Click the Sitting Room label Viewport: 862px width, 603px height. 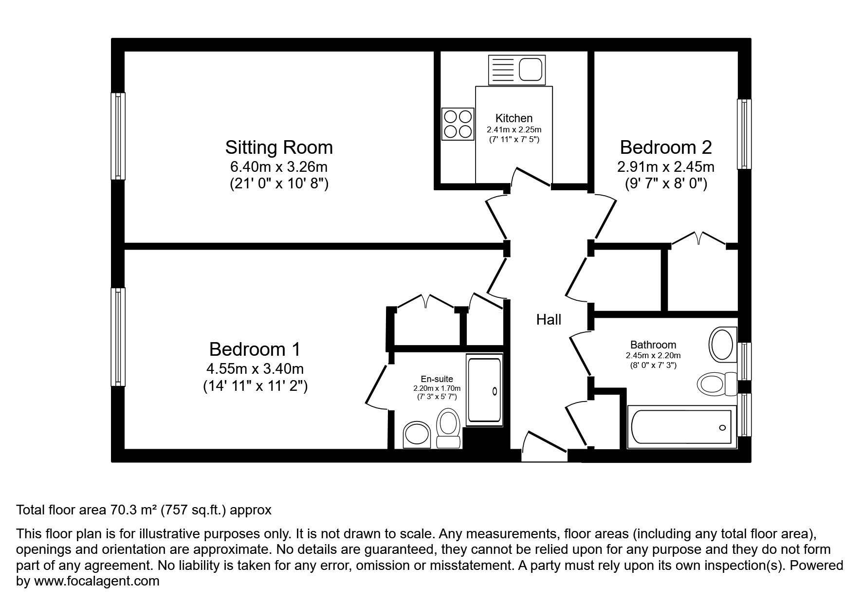(278, 147)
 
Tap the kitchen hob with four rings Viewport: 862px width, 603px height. (458, 124)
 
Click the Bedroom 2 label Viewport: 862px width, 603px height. (665, 147)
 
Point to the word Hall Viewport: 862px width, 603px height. (549, 320)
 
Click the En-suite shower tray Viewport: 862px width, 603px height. (484, 390)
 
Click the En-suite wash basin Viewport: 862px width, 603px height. (417, 435)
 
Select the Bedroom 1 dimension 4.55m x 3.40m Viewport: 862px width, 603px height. (255, 369)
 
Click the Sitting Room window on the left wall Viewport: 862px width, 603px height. (118, 136)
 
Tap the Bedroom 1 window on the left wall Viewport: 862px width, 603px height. (118, 337)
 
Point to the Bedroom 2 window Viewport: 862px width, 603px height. (744, 134)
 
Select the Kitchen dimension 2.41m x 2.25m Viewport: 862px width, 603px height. (514, 130)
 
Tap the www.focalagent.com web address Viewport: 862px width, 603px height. (96, 581)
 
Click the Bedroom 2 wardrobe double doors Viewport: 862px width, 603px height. (698, 238)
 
